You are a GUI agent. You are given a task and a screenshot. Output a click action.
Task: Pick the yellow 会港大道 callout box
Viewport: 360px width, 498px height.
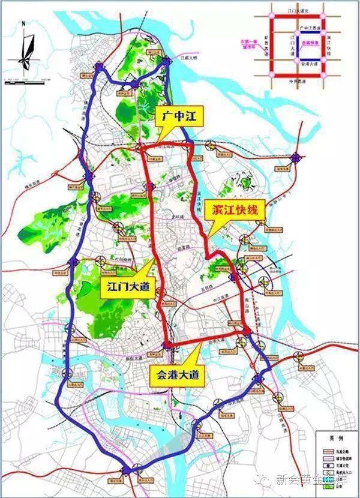176,376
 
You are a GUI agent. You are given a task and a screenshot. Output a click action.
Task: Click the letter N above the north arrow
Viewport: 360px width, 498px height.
22,25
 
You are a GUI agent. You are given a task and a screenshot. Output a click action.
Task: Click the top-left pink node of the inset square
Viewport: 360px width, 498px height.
272,16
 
